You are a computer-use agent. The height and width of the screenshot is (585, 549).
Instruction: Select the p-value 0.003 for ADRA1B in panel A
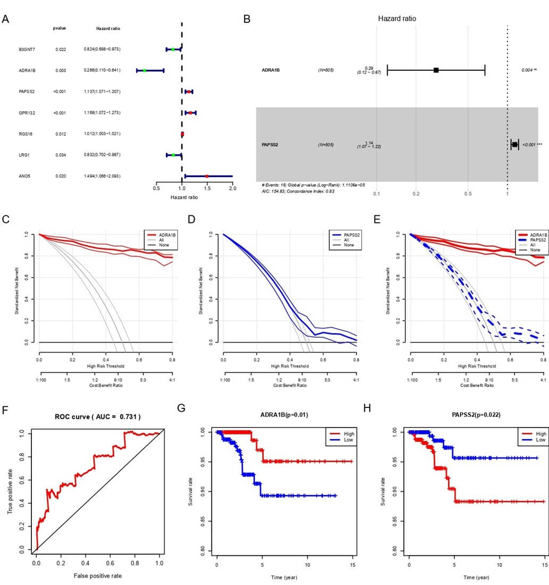point(60,70)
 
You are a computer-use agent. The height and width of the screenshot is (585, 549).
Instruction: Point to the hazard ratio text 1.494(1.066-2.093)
point(102,175)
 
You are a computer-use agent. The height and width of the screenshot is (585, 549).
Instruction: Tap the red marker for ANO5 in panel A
point(207,175)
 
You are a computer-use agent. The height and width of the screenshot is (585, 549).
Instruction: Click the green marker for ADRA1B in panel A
point(144,70)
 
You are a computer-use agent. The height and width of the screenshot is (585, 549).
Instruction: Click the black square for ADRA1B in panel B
point(436,70)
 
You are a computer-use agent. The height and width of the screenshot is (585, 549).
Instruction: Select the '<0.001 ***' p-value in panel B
point(532,145)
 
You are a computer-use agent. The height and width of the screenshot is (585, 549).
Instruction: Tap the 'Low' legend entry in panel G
point(350,440)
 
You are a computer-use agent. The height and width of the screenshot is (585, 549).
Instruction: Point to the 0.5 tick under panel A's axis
point(156,188)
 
